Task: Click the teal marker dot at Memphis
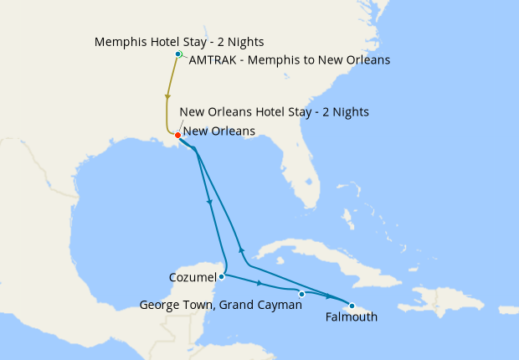[177, 54]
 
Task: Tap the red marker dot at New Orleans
[177, 135]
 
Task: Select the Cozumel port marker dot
[221, 276]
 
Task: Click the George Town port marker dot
[301, 294]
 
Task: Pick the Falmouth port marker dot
[352, 306]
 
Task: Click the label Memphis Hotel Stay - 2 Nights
[178, 41]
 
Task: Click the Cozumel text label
[191, 276]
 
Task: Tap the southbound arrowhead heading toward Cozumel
[208, 203]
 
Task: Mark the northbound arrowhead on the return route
[241, 250]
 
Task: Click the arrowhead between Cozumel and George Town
[259, 284]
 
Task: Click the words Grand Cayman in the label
[266, 306]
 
